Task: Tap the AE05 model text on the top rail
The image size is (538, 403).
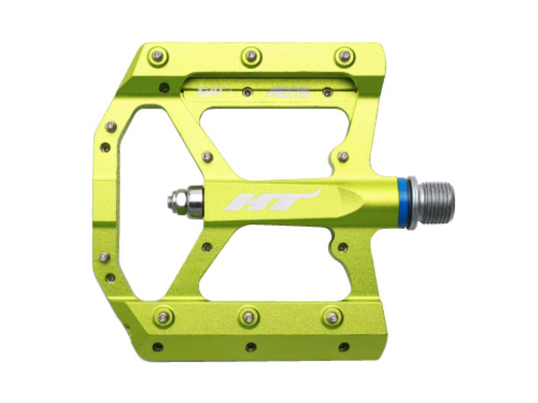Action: (x=296, y=92)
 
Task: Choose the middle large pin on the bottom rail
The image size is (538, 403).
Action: (x=249, y=316)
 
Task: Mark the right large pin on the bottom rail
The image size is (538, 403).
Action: (x=334, y=316)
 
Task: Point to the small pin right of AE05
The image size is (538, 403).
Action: (x=326, y=92)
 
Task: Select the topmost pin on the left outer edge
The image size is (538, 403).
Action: (x=111, y=127)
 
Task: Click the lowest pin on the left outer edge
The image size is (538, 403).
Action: (x=110, y=278)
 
